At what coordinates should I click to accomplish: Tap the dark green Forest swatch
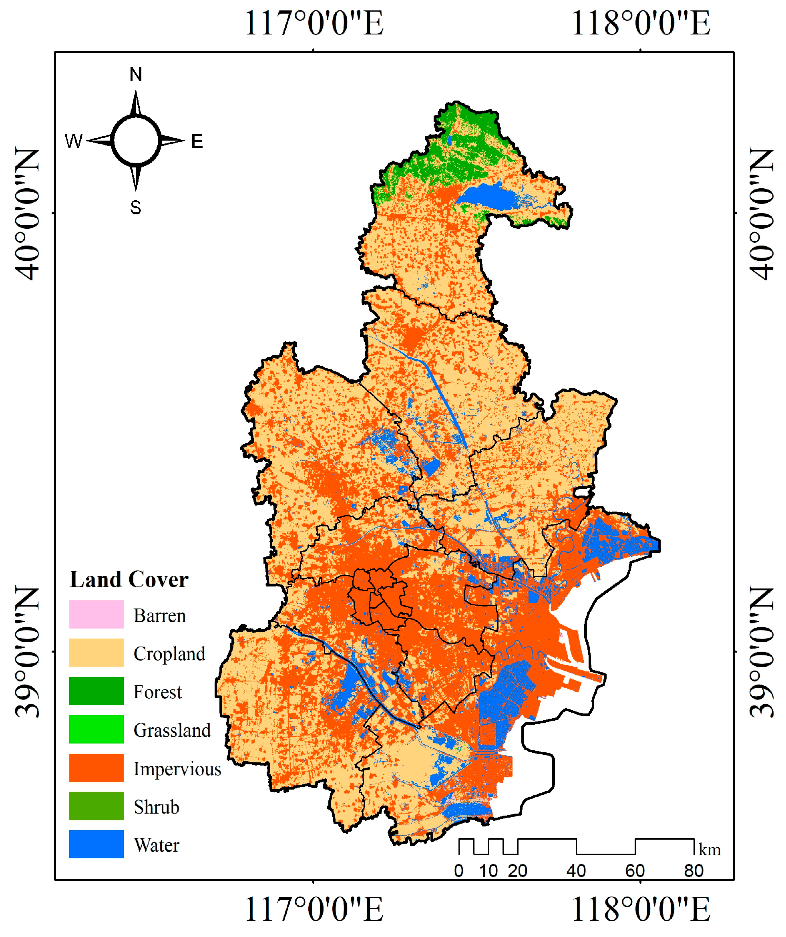(x=96, y=691)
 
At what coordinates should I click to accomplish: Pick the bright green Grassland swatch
(x=96, y=729)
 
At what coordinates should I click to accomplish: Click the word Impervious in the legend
(x=177, y=769)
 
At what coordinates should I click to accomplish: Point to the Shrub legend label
(x=156, y=807)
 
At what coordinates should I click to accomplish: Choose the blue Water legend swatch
(x=96, y=844)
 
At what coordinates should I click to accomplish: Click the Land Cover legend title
(x=129, y=580)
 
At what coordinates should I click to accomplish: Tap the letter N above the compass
(x=136, y=74)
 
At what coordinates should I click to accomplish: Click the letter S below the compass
(x=136, y=208)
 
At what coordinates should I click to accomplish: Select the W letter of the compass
(x=74, y=141)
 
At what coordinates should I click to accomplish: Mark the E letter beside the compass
(x=197, y=142)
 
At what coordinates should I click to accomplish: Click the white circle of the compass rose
(x=136, y=141)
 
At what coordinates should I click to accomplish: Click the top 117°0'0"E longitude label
(x=314, y=23)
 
